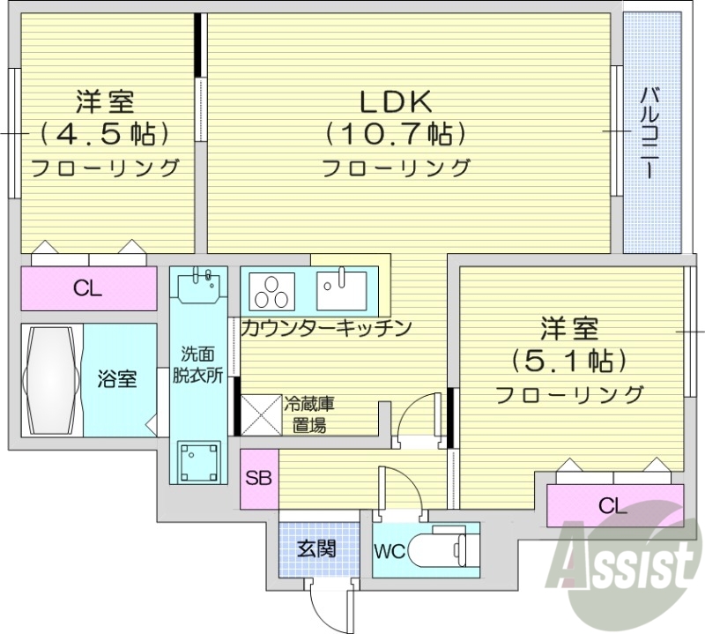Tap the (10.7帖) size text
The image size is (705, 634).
[395, 134]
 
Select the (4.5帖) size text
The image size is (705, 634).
[104, 134]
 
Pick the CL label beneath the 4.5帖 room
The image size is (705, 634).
[87, 287]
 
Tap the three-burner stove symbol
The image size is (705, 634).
[274, 287]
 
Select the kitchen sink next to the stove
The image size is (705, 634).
[341, 287]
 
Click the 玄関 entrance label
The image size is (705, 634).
[315, 548]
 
